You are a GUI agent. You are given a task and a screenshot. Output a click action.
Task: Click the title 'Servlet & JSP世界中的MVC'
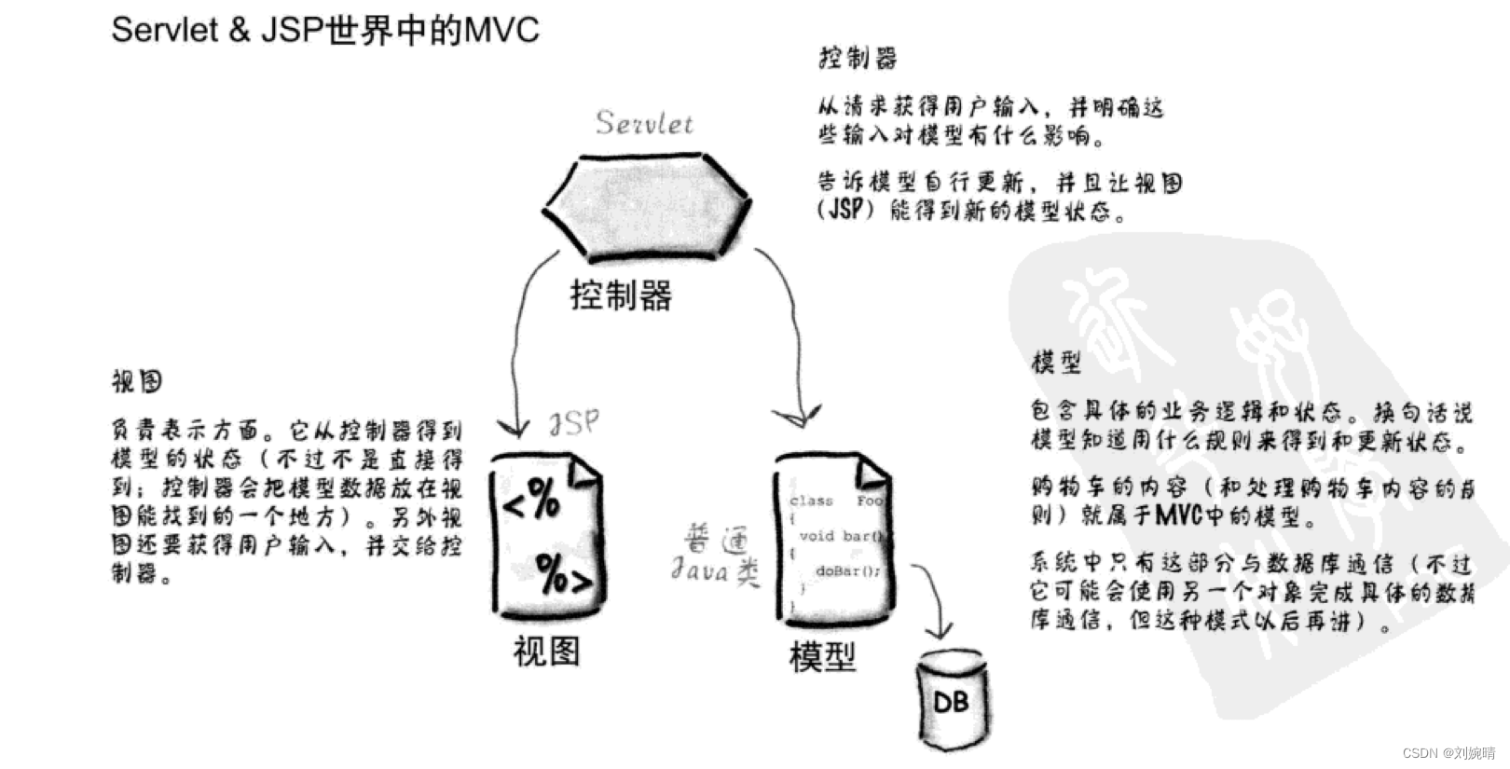(x=324, y=30)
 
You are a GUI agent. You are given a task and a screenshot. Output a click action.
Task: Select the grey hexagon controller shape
(x=646, y=206)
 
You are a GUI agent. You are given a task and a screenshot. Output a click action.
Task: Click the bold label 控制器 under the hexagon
(x=621, y=296)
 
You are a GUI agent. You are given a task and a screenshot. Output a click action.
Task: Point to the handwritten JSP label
(x=573, y=423)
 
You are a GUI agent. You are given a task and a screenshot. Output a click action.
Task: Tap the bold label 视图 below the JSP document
(x=546, y=651)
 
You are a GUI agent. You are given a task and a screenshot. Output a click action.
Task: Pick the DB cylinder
(x=950, y=699)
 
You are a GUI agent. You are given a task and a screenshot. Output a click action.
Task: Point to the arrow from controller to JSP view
(x=518, y=345)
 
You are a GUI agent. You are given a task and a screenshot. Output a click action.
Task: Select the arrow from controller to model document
(x=790, y=336)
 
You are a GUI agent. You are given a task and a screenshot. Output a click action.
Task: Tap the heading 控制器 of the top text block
(x=858, y=59)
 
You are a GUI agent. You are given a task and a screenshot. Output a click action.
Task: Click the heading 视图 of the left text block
(x=137, y=381)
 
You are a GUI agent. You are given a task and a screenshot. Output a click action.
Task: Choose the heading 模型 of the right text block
(x=1056, y=362)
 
